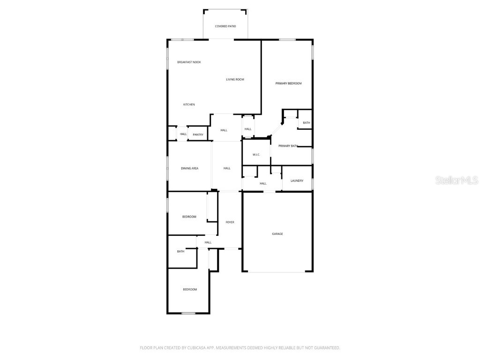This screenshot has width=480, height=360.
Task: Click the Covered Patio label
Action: [225, 26]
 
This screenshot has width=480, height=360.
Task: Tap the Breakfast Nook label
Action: [189, 62]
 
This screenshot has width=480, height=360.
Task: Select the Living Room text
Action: [235, 80]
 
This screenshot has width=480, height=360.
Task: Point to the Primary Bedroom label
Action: [288, 83]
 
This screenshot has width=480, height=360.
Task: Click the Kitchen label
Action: [189, 105]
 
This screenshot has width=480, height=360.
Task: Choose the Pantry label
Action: [198, 135]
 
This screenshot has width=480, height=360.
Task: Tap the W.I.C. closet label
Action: [256, 155]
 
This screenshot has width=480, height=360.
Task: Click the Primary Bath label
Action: [288, 146]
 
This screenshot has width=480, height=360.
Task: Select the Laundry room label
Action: [297, 181]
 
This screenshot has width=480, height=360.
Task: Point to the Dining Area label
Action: [189, 168]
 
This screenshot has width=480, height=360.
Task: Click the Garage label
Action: [277, 234]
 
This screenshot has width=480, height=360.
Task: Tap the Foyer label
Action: [230, 222]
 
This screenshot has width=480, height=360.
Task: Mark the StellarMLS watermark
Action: [457, 180]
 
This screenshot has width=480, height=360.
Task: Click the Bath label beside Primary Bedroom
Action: [307, 123]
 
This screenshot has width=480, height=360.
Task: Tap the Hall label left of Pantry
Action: [183, 134]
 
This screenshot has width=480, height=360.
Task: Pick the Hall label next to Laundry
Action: [263, 184]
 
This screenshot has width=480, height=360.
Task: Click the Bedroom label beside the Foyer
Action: [189, 217]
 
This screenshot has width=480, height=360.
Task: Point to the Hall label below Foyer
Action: [208, 242]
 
